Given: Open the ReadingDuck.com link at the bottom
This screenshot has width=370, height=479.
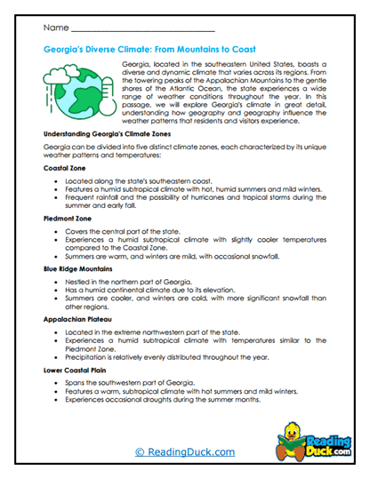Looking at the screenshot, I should [184, 452].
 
